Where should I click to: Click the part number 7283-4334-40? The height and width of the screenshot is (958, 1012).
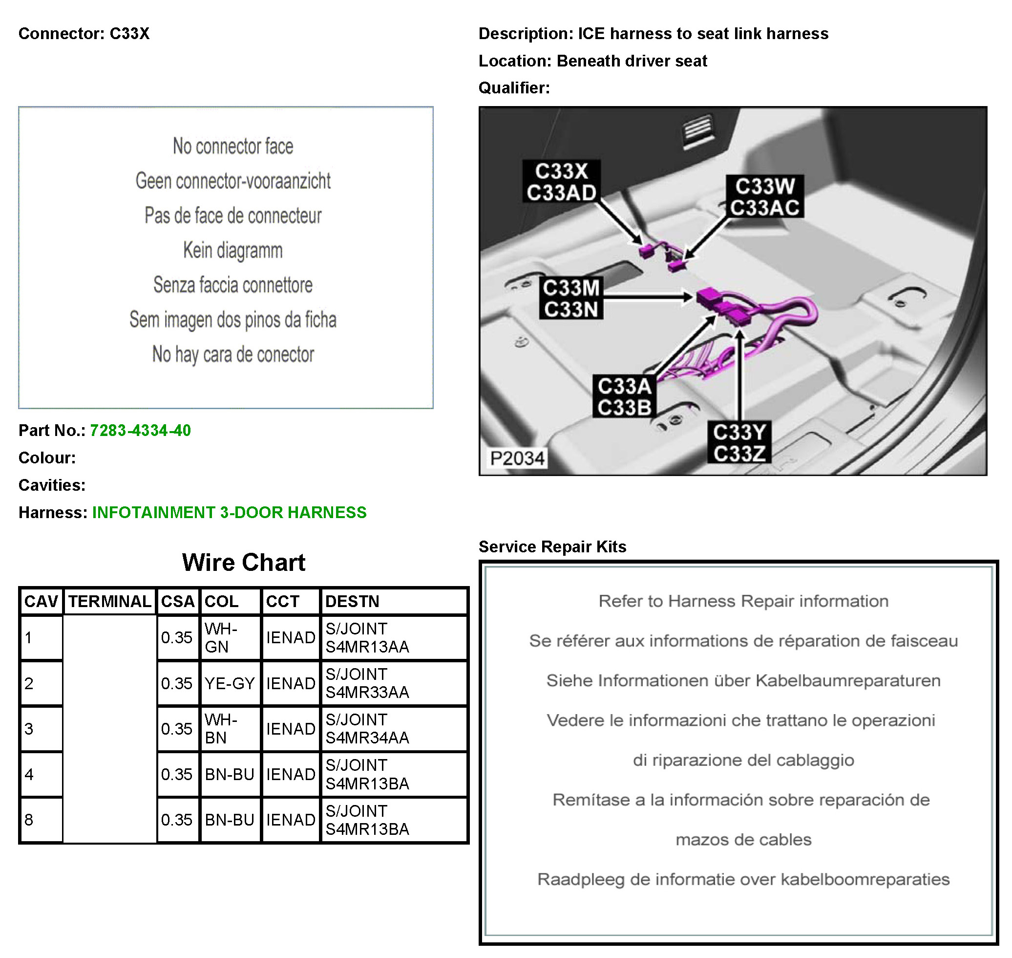tap(140, 431)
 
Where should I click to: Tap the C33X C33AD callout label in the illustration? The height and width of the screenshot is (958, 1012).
tap(561, 182)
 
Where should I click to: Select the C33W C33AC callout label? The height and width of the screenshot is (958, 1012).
tap(764, 197)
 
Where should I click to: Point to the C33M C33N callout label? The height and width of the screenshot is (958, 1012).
tap(571, 298)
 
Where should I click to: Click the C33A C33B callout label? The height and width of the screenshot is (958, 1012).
tap(624, 397)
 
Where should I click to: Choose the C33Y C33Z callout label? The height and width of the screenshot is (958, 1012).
tap(739, 443)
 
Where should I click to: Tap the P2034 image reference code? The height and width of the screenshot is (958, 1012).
tap(517, 458)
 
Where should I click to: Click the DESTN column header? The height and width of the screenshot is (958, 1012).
tap(352, 602)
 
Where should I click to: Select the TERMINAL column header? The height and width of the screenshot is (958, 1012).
tap(110, 602)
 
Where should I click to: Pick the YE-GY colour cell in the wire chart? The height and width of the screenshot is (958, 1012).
tap(230, 683)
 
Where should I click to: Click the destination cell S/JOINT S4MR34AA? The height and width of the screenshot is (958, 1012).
tap(367, 729)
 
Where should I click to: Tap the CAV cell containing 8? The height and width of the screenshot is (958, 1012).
tap(30, 820)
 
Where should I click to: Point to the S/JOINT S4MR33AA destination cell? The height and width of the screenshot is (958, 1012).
tap(367, 683)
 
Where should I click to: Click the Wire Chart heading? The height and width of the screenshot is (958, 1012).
tap(243, 562)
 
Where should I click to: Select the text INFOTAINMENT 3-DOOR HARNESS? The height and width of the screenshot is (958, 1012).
tap(230, 512)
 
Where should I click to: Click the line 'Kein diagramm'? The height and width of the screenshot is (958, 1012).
tap(232, 250)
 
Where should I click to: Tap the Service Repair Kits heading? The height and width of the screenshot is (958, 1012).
tap(552, 546)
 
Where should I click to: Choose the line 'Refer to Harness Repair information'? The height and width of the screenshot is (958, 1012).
tap(743, 601)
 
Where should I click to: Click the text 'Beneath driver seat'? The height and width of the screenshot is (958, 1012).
tap(632, 61)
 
